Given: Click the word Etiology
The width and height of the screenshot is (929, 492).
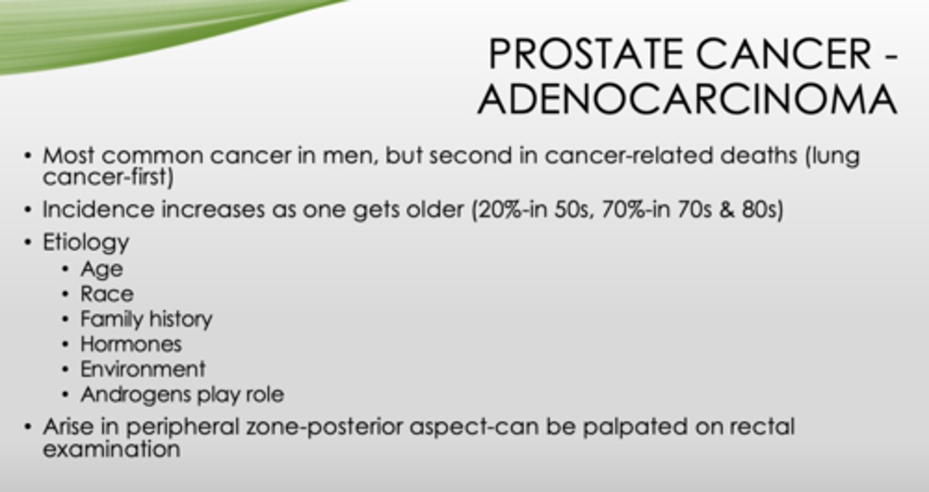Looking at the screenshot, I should click(86, 242).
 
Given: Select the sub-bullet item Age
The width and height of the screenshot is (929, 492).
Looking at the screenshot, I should click(101, 269).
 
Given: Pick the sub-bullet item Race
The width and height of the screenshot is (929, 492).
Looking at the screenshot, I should click(107, 294).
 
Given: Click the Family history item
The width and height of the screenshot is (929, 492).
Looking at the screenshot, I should click(146, 319).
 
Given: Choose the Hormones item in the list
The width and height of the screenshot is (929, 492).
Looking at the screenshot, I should click(131, 344).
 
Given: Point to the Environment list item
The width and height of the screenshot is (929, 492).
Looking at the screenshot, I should click(143, 369).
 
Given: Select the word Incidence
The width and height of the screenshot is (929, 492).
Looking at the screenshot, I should click(99, 210).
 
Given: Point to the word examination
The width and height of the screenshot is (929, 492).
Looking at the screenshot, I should click(111, 449).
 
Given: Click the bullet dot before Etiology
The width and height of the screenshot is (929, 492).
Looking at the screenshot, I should click(27, 243).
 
